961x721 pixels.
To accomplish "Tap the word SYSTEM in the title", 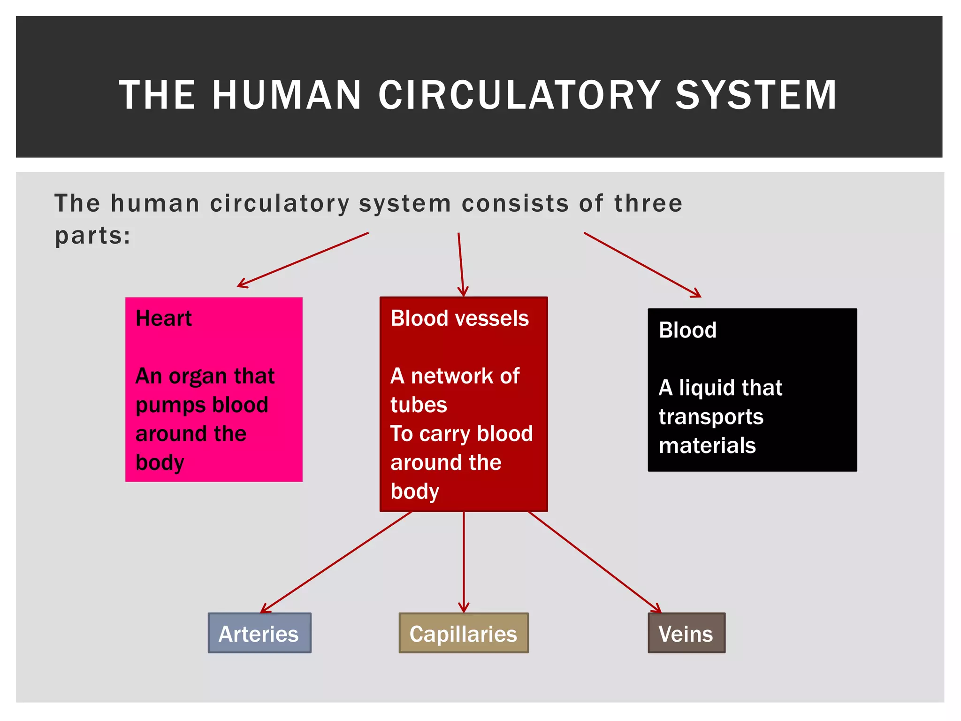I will point(756,95).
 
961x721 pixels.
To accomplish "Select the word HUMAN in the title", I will point(287,95).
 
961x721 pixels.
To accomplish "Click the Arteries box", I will point(259,633).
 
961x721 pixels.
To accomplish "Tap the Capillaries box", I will point(464,633).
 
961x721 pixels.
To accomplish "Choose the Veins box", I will point(686,633).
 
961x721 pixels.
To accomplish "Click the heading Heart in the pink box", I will point(164,318).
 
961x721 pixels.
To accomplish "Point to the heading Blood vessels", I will point(459,318).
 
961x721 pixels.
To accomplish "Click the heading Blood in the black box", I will point(687,330).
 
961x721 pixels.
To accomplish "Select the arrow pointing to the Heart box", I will point(303,260).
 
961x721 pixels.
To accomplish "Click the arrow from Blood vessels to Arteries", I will point(336,562).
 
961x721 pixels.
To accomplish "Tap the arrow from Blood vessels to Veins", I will point(595,562).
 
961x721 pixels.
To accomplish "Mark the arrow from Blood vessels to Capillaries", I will point(464,562).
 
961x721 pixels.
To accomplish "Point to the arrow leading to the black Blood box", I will point(642,265).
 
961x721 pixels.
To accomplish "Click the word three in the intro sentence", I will point(648,204).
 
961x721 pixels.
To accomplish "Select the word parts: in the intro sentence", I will point(92,236).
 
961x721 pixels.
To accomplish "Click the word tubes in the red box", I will point(419,405).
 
